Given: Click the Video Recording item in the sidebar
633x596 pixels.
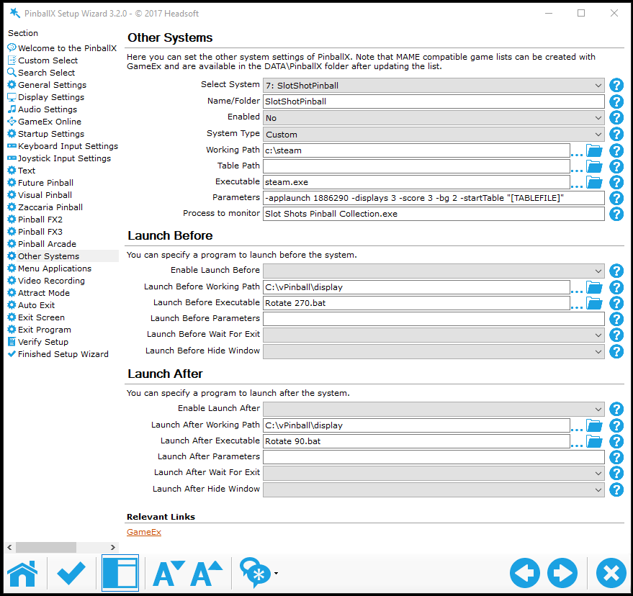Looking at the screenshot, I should (x=51, y=281).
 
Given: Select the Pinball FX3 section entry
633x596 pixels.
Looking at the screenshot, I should (x=40, y=232).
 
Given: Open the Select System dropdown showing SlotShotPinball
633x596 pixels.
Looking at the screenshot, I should (x=434, y=86).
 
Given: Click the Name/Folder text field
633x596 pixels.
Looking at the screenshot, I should (x=434, y=101).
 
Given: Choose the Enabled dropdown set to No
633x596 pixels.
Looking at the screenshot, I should (x=434, y=118).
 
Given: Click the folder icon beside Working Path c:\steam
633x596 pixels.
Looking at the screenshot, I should (x=594, y=150).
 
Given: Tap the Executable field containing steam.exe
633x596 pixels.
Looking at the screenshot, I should (x=416, y=182).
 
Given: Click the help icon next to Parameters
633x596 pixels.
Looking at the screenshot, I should (x=616, y=198).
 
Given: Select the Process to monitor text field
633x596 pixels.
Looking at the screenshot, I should (x=434, y=214).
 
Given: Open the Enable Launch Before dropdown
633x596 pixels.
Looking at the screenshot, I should (x=434, y=271).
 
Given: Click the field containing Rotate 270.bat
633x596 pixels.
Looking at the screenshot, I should (x=416, y=303).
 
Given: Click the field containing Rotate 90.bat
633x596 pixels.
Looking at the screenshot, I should (x=416, y=441).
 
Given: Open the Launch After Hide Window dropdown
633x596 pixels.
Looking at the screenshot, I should (x=434, y=489).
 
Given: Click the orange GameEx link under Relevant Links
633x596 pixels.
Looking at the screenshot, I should (x=144, y=532).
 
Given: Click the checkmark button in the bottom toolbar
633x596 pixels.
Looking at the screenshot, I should (x=71, y=574).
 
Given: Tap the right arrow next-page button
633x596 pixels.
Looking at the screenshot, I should (x=562, y=574).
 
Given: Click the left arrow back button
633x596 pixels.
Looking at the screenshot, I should (x=525, y=574).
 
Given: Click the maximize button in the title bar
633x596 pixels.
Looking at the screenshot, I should (x=581, y=13).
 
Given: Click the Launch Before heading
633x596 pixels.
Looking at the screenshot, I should (x=170, y=235).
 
